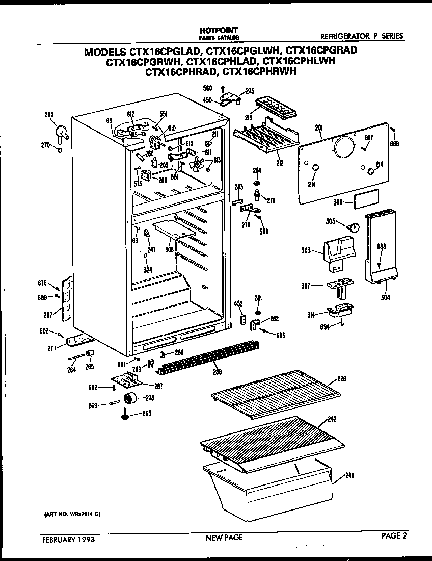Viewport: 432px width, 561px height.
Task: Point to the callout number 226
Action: pos(341,379)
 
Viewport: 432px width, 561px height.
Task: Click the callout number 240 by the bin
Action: pos(349,475)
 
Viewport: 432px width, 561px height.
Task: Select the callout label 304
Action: pos(386,298)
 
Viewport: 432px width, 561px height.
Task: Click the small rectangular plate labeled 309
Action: pos(367,198)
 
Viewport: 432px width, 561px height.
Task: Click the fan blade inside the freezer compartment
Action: pos(196,164)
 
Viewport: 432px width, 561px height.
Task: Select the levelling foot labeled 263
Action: pos(125,418)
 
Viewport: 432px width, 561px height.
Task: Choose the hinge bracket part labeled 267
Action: pos(66,300)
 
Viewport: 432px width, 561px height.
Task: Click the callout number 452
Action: pos(238,303)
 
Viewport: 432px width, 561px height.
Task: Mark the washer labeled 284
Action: pos(257,183)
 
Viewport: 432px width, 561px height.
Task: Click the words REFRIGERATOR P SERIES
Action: pos(362,36)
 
